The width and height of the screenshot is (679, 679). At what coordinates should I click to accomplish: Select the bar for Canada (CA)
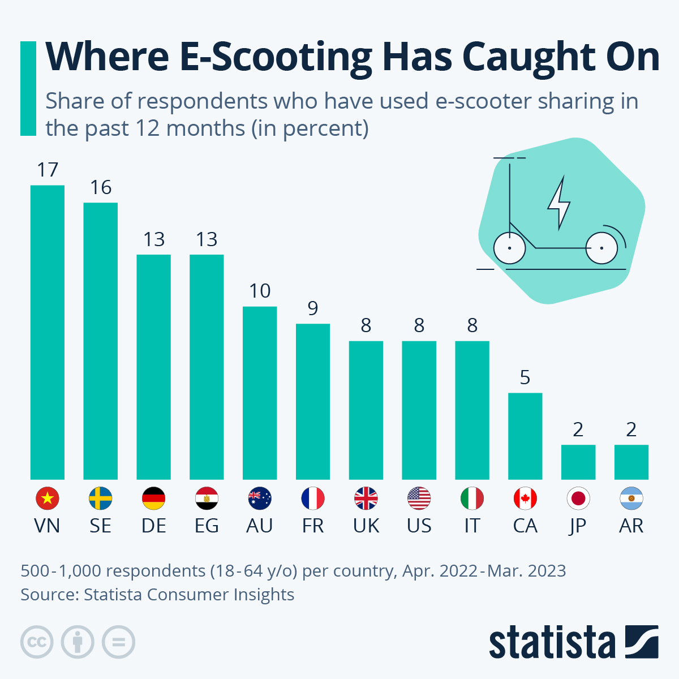point(525,436)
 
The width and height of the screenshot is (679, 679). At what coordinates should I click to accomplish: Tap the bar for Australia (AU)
point(260,393)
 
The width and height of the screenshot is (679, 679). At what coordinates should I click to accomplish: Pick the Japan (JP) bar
point(578,462)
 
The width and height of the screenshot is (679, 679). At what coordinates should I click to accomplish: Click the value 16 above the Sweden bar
point(101,188)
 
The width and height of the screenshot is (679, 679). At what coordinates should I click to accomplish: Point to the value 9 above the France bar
point(313,308)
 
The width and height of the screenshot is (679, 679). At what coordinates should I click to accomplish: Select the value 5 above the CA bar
point(525,377)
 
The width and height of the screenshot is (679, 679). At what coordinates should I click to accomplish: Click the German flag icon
point(153,498)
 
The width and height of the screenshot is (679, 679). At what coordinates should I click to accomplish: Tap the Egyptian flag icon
point(207,498)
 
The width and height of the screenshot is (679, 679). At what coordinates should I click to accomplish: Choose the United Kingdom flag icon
point(366,498)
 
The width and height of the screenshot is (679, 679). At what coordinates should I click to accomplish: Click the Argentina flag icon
point(631,498)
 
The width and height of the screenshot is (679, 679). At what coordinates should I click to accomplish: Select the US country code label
point(419,526)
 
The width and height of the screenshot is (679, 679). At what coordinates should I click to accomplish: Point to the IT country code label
point(472,526)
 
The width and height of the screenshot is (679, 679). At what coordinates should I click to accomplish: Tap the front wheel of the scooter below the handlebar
point(509,248)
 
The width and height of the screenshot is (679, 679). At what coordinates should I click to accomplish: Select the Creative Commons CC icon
point(37,642)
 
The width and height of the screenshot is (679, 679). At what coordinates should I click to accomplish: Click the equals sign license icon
point(118,642)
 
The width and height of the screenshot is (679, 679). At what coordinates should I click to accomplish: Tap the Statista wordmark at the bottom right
point(552,642)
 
